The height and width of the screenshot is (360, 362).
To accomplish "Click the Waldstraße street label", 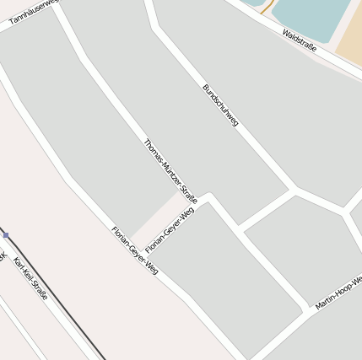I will [300, 41].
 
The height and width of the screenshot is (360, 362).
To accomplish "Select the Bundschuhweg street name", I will [220, 105].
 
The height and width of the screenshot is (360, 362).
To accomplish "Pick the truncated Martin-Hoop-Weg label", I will [338, 292].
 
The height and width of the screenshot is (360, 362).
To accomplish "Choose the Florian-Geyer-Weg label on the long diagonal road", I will [135, 250].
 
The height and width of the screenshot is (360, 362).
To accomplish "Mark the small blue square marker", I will [5, 235].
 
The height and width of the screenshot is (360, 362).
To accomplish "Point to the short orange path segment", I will [267, 8].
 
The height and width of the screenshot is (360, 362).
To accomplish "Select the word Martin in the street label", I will [325, 301].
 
